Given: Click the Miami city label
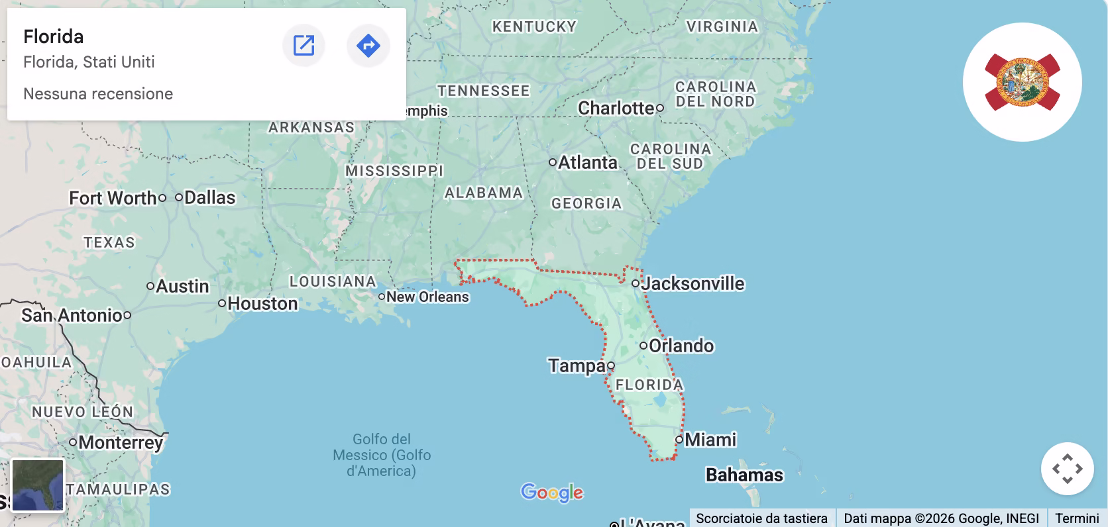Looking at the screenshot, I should pos(710,440).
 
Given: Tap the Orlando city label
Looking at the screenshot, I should pos(681,346).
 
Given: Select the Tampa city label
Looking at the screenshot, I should pos(577,365).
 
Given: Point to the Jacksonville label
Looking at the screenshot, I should pos(692,283).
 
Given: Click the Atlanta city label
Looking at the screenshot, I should pos(587,162).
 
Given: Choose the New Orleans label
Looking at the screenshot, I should pos(427,297).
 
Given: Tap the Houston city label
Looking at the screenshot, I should pos(262,303).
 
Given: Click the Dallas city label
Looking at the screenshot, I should pos(209,197).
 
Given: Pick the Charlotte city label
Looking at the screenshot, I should pos(616,108).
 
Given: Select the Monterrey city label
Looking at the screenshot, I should pos(120,442).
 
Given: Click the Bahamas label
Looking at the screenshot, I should pos(744,475).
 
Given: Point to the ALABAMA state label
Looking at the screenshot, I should pos(484,193).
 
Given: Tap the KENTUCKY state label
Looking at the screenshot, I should pos(534,26).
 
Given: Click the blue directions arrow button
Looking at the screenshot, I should pos(368,46).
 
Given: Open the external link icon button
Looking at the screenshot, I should pos(304,46).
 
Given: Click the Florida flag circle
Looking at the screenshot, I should pos(1022,82).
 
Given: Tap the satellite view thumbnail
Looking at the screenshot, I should pos(38,485).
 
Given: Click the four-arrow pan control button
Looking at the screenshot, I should pos(1067,469).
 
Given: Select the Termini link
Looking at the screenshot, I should pos(1077,518).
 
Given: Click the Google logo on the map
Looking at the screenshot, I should pos(552,492).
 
